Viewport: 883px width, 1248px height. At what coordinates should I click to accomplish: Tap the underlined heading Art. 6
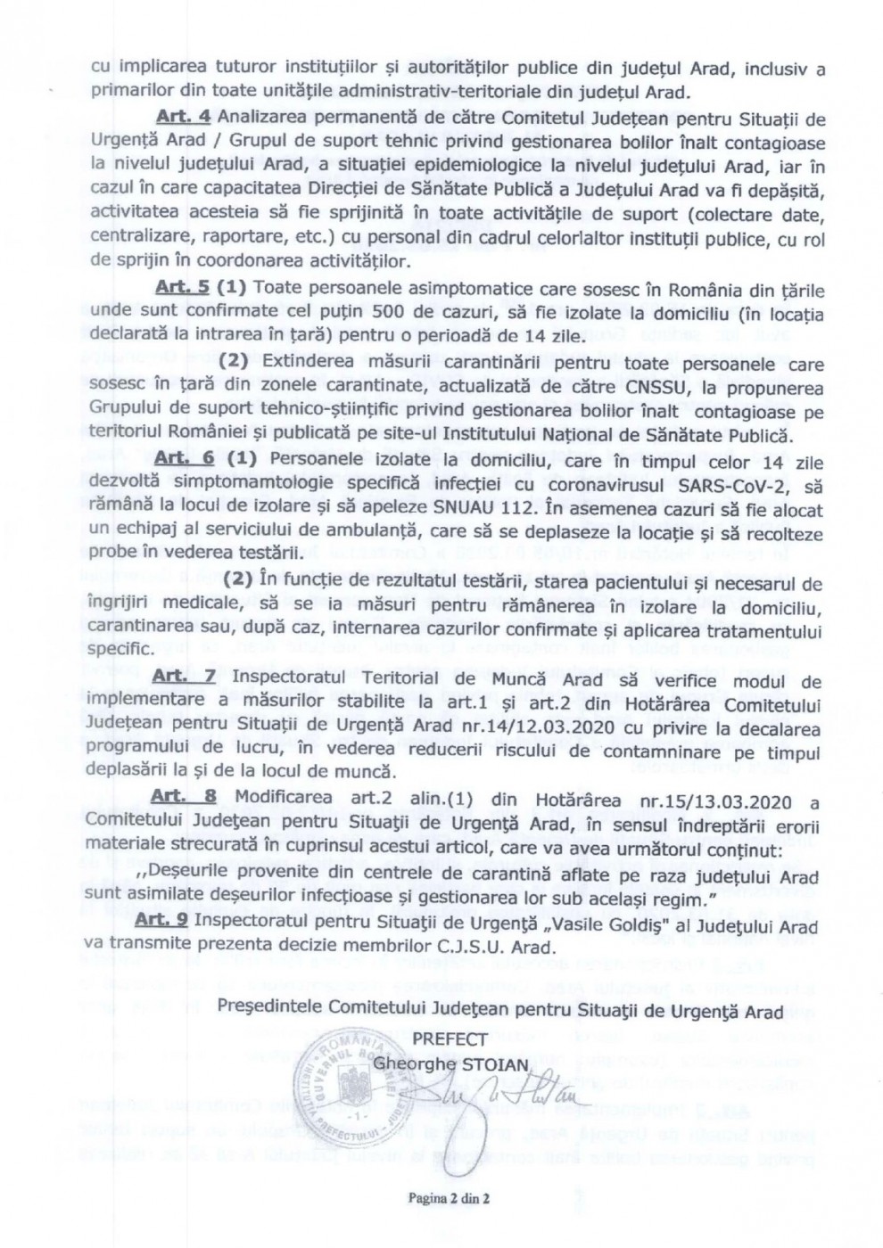coord(182,458)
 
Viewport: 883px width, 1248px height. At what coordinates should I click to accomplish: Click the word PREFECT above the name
coord(450,1038)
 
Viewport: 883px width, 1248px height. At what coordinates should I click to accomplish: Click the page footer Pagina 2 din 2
coord(450,1198)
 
